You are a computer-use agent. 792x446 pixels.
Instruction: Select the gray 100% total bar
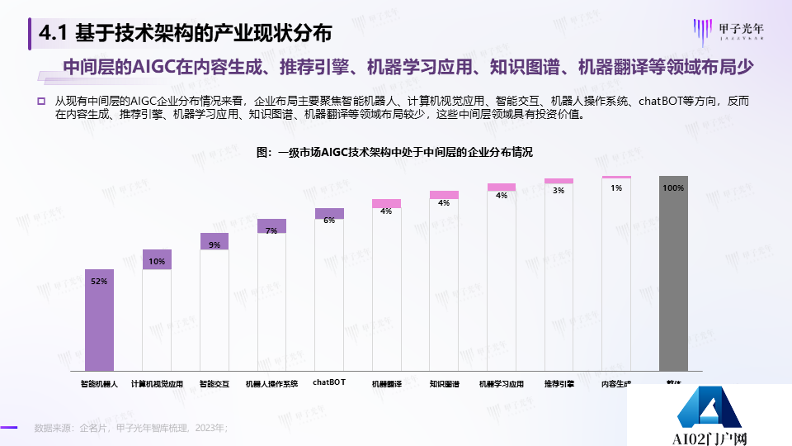[673, 273]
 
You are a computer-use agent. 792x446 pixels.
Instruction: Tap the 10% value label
[157, 262]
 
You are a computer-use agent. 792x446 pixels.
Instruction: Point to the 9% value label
[214, 244]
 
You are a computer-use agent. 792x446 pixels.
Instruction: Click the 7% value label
[271, 230]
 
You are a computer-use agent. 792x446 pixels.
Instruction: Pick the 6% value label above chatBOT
[329, 220]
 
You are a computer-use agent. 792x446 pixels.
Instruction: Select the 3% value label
[559, 190]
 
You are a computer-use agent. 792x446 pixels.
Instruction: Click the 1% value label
[616, 187]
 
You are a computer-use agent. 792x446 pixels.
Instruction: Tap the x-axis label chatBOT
[329, 382]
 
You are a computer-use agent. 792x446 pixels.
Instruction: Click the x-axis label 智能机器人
[99, 384]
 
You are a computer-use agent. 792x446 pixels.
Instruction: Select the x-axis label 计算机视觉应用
[157, 384]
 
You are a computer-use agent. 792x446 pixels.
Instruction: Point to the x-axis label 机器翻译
[386, 384]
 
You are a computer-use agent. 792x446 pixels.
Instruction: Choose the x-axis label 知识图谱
[444, 384]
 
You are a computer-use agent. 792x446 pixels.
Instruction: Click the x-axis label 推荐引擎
[559, 384]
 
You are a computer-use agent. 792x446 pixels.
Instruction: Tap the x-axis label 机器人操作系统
[271, 384]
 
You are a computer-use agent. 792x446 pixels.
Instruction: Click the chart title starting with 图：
[395, 153]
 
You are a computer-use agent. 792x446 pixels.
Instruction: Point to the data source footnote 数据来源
[130, 428]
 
